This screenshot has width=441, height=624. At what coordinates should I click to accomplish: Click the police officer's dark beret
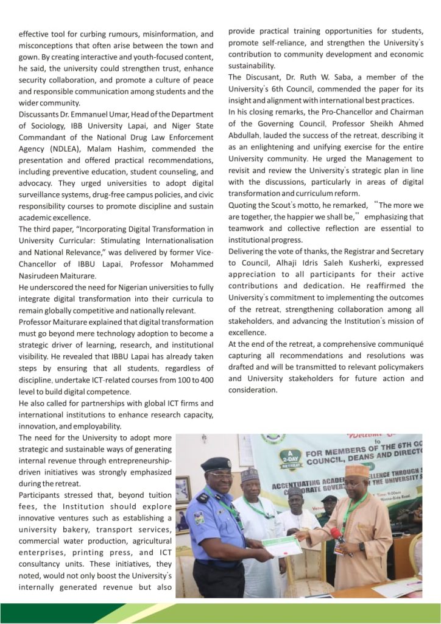coord(216,464)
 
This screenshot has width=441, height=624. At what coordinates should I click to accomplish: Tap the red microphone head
coord(334,533)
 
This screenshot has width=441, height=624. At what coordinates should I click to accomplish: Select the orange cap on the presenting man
coord(356,470)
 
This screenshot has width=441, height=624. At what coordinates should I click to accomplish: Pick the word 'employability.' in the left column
coord(91,427)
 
